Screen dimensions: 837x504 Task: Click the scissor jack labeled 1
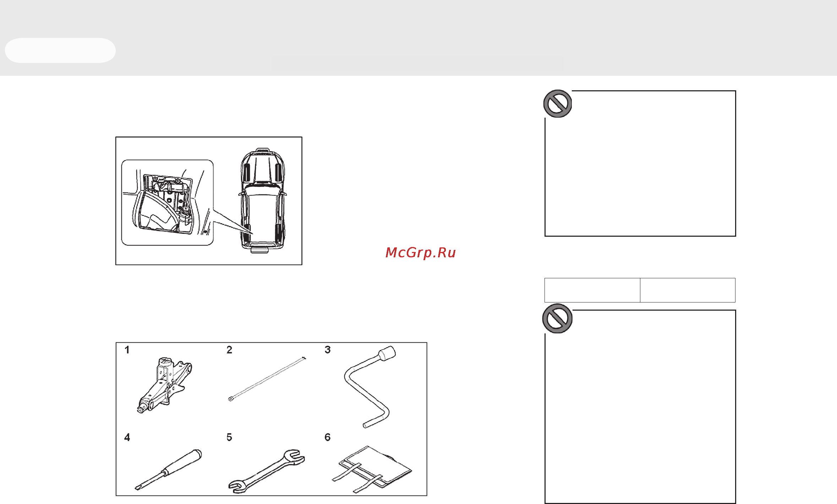tap(164, 386)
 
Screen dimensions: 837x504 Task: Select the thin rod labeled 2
tap(267, 379)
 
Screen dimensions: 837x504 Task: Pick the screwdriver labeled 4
tap(168, 470)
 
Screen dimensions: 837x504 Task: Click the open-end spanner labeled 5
tap(266, 472)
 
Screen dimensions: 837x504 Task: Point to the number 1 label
tap(127, 350)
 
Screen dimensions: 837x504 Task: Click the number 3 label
tap(328, 350)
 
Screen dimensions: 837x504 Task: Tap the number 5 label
tap(229, 437)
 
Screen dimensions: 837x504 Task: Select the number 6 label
tap(328, 437)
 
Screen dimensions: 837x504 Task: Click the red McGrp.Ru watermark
tap(421, 252)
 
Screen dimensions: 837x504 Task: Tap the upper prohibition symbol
tap(558, 104)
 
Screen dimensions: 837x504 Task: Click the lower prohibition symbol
tap(557, 318)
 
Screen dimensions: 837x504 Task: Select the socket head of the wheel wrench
tap(387, 353)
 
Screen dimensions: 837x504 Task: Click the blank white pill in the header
tap(60, 50)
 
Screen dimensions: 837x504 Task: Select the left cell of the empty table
tap(592, 290)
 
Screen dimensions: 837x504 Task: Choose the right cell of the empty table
tap(688, 290)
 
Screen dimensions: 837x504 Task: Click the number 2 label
tap(229, 350)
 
